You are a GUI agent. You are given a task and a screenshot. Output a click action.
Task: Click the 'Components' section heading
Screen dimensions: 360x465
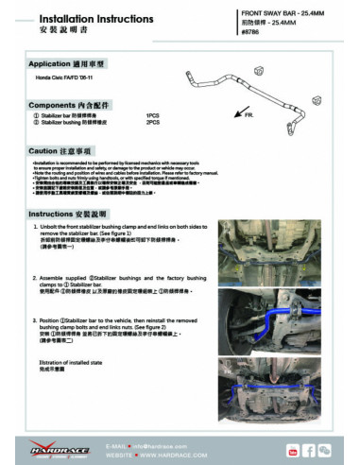coord(65,104)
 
